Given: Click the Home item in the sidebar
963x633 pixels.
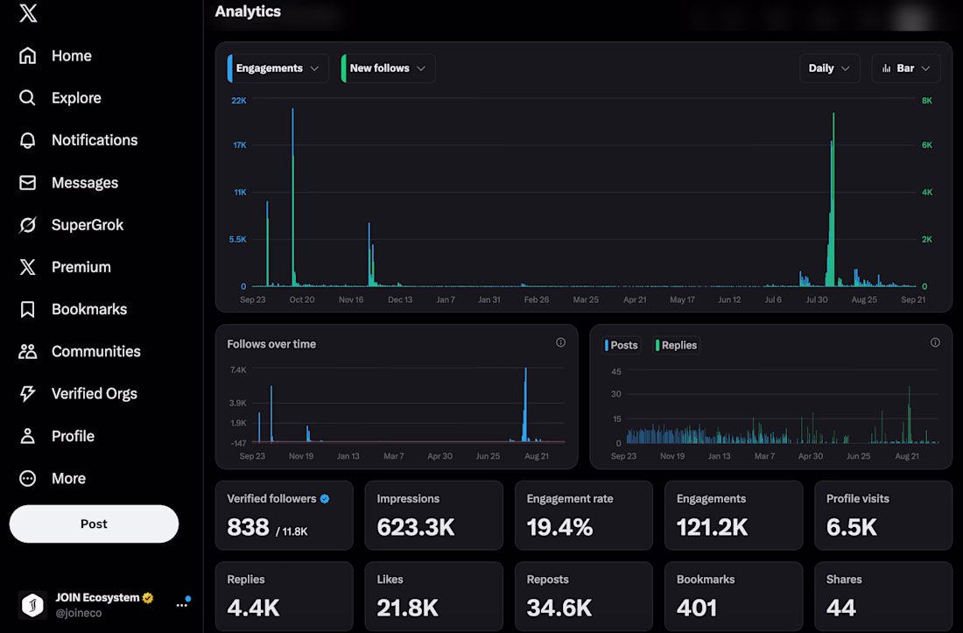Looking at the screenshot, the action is [x=55, y=56].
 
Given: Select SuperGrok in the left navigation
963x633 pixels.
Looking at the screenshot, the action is [x=71, y=225].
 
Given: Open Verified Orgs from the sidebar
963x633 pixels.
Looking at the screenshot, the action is [x=78, y=394].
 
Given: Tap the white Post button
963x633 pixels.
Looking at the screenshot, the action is [x=94, y=524].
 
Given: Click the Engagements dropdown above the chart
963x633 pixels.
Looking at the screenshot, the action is [x=278, y=68].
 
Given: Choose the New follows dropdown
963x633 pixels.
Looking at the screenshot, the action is [x=388, y=68].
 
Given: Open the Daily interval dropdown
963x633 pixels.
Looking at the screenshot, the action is [x=829, y=68].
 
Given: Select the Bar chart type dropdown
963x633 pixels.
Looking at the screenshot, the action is [x=905, y=68].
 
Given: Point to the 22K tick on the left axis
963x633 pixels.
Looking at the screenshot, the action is [x=239, y=101].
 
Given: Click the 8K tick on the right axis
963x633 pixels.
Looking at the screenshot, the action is [x=927, y=101].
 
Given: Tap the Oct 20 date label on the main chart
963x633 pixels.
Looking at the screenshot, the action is [x=301, y=299].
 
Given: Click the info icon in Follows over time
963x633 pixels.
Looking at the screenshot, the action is [x=560, y=342].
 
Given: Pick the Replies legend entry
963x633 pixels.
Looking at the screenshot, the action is [x=676, y=345].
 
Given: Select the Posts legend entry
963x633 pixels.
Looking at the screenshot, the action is [x=622, y=345].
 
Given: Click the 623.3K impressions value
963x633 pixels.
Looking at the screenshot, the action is [x=416, y=527].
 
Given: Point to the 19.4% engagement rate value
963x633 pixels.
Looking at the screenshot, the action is [x=559, y=527].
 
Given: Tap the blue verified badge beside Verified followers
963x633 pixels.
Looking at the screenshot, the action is [x=325, y=498].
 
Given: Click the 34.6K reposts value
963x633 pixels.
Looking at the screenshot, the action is [x=559, y=608].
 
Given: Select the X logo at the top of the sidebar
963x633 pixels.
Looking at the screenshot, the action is [x=28, y=13].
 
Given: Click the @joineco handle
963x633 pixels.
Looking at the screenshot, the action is [x=79, y=613].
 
